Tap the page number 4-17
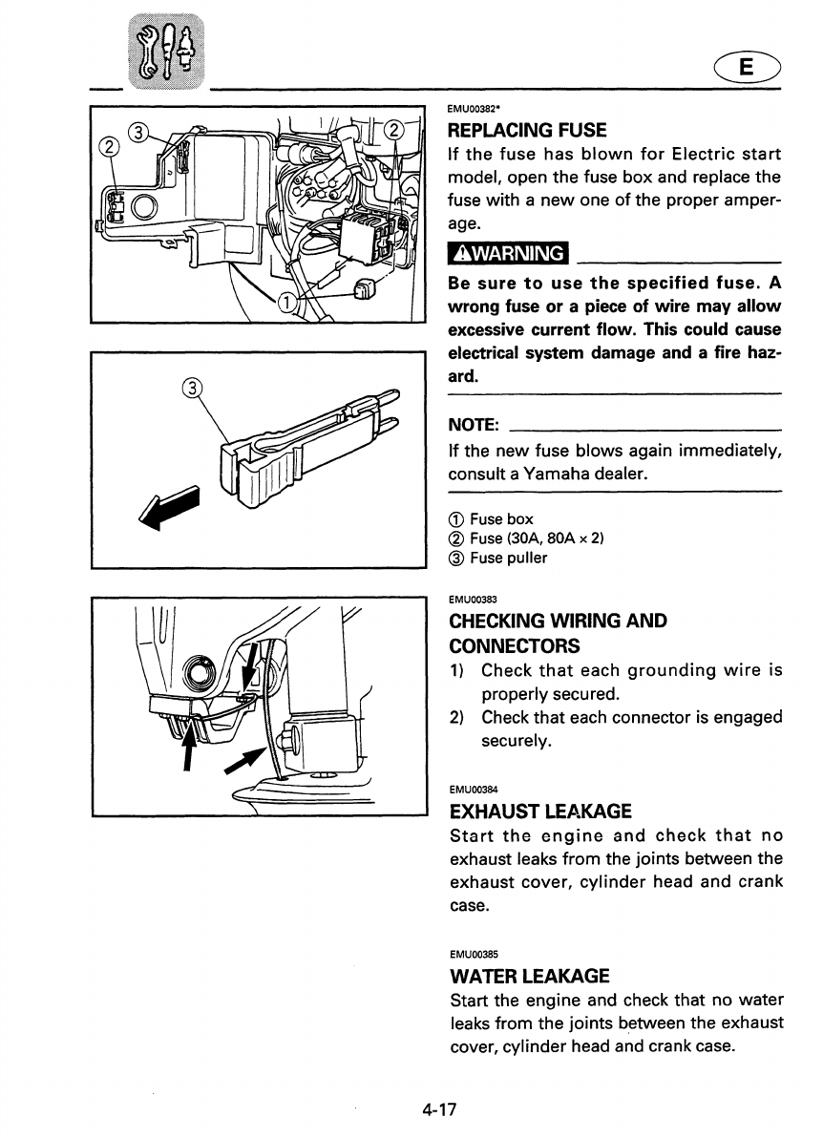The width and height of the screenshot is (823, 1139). click(440, 1109)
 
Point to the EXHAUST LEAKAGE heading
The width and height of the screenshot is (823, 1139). click(540, 812)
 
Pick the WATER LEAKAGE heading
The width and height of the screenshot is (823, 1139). click(529, 977)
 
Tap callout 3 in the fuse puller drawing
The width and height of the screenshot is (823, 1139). click(193, 389)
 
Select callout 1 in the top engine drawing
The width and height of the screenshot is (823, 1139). click(285, 304)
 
